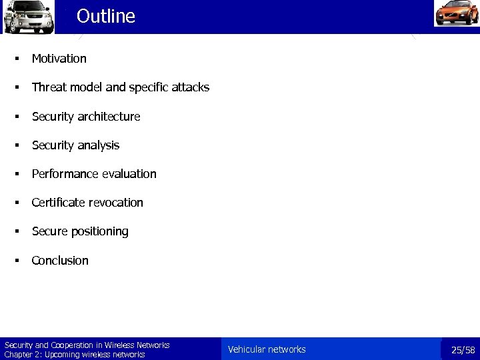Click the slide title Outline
point(105,16)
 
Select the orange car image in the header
point(456,14)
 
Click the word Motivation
point(59,59)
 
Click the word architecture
point(109,117)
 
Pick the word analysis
point(99,145)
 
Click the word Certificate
point(59,203)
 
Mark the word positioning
point(100,232)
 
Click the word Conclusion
point(60,261)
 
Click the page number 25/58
point(463,350)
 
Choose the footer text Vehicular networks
point(267,349)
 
